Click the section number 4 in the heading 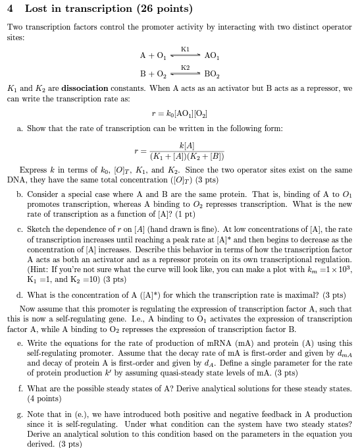coord(10,9)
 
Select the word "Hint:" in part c coord(43,269)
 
